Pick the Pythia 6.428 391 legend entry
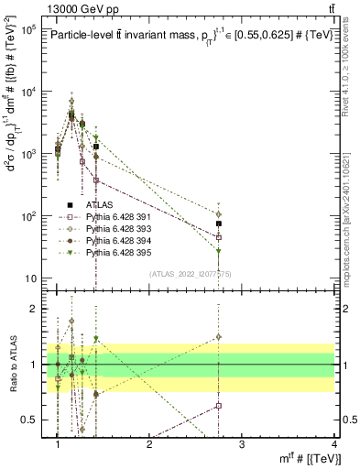tap(107, 217)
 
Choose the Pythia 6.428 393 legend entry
tap(107, 228)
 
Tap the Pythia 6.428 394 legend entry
tap(107, 240)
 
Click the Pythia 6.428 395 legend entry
tap(107, 251)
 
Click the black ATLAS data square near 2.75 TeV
tap(219, 224)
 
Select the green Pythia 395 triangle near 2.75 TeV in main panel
tap(219, 250)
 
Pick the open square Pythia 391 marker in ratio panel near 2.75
tap(219, 405)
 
